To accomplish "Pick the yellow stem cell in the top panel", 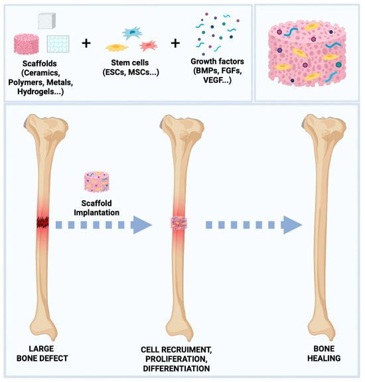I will (119, 48).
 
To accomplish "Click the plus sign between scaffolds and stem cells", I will (86, 44).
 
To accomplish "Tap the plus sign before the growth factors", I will (176, 44).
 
